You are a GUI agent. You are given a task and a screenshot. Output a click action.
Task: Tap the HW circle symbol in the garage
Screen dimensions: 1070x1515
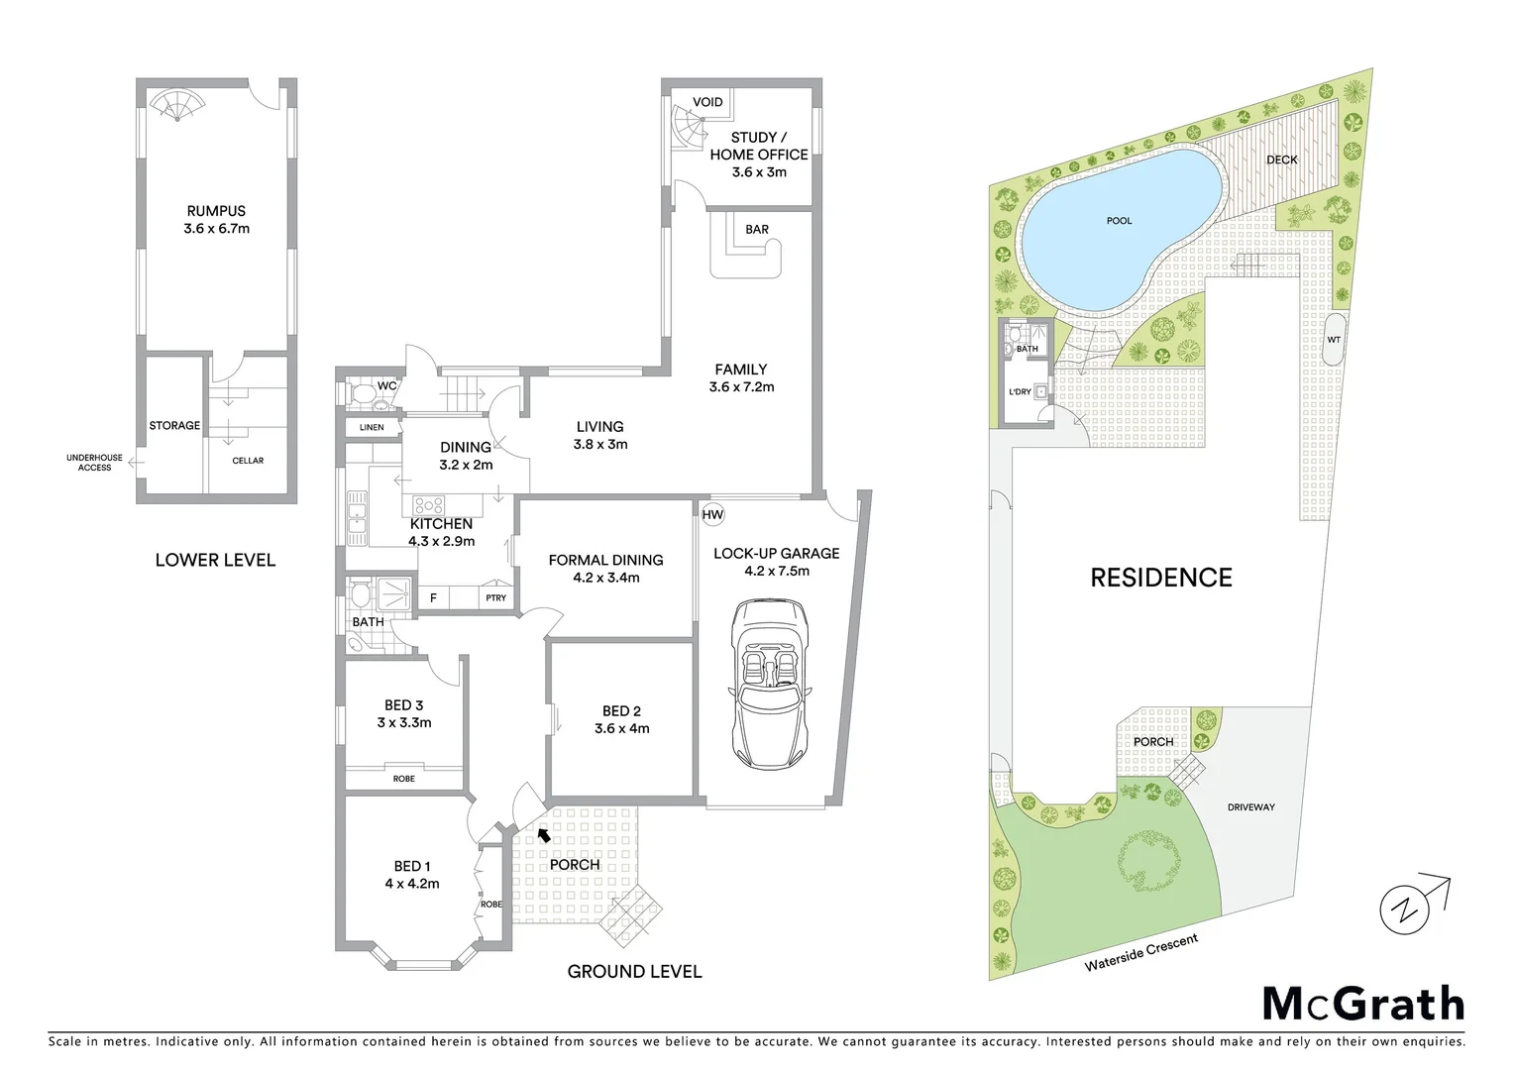point(712,515)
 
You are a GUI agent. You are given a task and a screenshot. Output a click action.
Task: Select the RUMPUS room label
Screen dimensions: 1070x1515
point(216,211)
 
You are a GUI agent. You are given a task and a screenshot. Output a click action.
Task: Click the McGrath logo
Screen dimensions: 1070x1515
point(1362,1004)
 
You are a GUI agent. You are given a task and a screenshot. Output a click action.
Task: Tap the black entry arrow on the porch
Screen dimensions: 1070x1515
point(543,834)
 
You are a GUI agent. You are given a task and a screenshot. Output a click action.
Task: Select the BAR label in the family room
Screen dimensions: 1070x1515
point(757,230)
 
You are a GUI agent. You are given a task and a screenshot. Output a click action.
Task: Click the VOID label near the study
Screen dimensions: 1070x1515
point(707,102)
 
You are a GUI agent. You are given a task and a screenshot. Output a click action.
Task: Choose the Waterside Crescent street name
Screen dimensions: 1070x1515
point(1140,952)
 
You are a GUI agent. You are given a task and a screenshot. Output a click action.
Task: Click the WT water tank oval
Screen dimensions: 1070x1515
point(1334,340)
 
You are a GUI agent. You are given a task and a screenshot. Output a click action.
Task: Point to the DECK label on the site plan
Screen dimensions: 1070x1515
point(1281,160)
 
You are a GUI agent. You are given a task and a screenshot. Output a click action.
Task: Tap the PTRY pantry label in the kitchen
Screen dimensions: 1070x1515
point(495,597)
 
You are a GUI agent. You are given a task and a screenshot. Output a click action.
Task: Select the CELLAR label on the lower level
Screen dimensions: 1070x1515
point(248,461)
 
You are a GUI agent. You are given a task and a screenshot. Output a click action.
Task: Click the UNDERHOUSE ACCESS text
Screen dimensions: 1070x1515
point(95,463)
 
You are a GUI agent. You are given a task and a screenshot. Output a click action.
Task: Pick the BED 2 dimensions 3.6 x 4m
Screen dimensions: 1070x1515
point(621,729)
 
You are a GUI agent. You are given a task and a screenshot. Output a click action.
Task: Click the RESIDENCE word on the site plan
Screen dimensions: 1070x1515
point(1161,578)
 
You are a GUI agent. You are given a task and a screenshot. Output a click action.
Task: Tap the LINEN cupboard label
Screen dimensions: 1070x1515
point(372,428)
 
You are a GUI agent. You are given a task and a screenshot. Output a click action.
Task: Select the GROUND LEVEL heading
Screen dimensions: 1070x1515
point(634,972)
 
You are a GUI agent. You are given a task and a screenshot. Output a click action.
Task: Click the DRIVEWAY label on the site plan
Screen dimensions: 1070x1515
point(1251,807)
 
